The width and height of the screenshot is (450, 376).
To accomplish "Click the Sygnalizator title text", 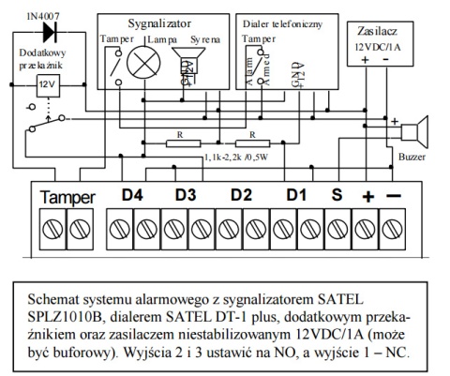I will tap(160, 20).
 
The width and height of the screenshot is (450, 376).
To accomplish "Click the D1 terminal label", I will tap(297, 197).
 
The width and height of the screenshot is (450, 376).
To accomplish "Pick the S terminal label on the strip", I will tap(337, 197).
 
